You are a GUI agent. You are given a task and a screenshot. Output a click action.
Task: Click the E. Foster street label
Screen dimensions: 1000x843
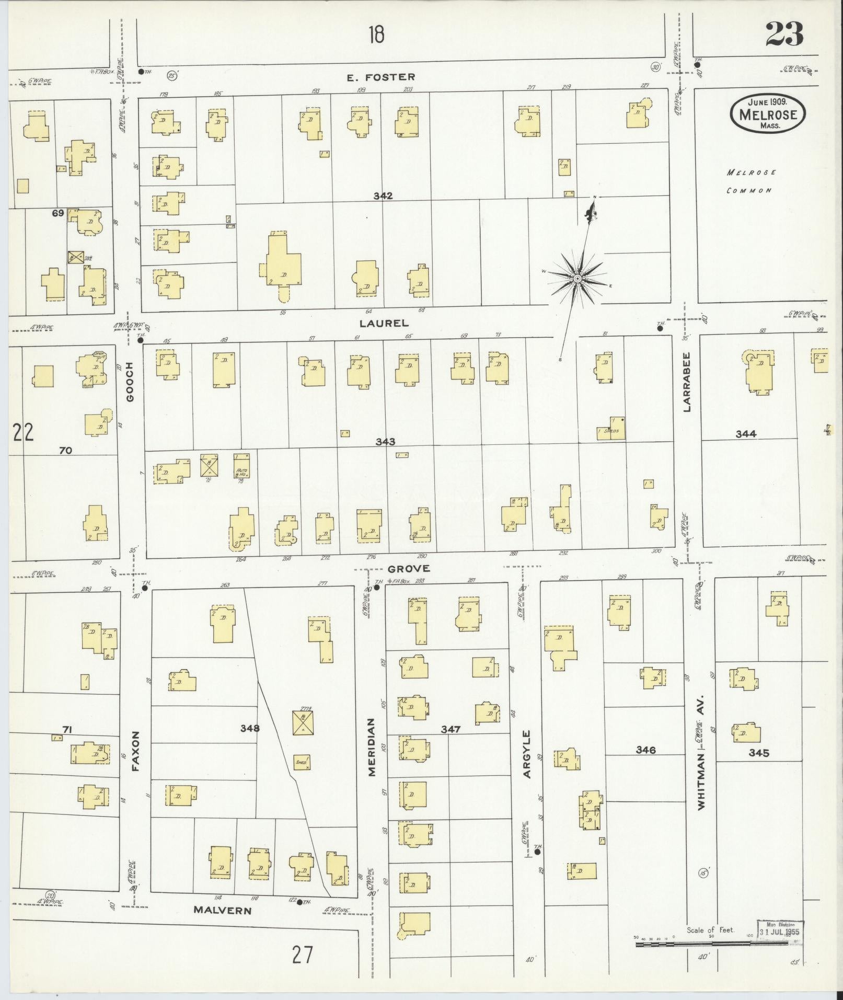(381, 77)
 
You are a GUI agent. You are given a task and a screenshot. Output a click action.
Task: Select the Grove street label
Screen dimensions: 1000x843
(408, 568)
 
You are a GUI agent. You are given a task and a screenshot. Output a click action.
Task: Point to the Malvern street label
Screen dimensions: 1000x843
(222, 910)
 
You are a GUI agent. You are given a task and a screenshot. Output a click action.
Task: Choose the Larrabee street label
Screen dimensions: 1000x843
(686, 382)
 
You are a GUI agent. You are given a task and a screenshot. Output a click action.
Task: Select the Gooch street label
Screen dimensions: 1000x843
(130, 382)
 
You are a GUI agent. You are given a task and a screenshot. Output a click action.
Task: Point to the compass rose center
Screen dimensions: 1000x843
(578, 279)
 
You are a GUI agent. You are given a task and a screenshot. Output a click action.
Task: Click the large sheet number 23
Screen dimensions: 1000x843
(784, 35)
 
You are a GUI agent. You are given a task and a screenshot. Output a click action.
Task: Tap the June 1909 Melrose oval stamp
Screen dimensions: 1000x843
(767, 113)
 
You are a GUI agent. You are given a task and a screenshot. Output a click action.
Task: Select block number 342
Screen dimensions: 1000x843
(383, 196)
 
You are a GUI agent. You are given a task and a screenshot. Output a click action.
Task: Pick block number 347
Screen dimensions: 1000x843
(450, 729)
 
